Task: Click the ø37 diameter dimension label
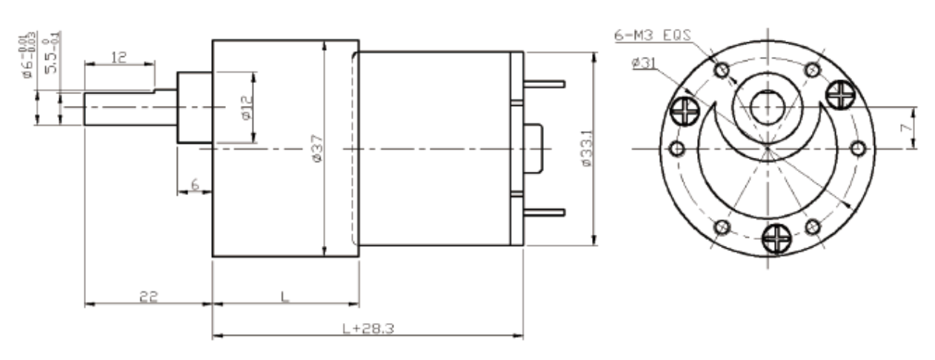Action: (316, 149)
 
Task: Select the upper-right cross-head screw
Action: (840, 93)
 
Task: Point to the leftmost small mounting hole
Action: (676, 149)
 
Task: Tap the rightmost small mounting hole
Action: (858, 149)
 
